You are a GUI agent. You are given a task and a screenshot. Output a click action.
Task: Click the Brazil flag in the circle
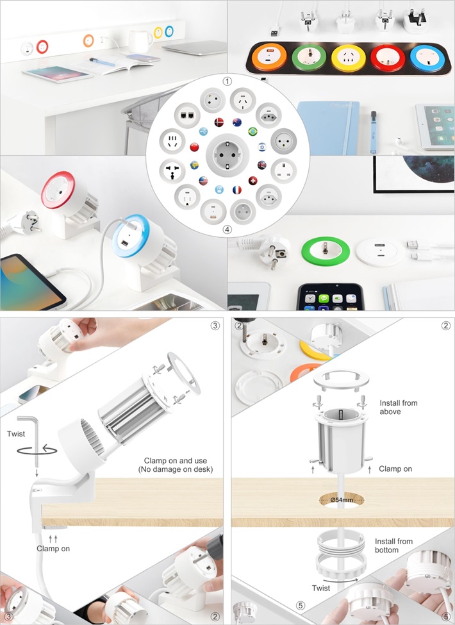click(252, 131)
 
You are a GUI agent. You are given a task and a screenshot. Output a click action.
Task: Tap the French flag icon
click(237, 190)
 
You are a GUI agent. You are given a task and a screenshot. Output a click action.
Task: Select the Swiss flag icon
click(252, 181)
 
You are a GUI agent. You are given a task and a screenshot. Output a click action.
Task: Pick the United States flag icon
click(203, 181)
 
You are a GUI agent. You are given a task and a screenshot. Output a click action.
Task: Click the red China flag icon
click(194, 147)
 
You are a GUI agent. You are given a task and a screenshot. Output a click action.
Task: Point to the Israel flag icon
click(261, 147)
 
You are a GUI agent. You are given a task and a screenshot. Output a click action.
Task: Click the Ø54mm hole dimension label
click(342, 499)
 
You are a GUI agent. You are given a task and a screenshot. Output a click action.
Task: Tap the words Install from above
click(399, 407)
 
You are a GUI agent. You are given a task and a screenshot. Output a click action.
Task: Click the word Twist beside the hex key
click(16, 434)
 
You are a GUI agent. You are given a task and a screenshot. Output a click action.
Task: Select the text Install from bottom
click(393, 546)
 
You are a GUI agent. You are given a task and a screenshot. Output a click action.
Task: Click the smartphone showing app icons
click(330, 297)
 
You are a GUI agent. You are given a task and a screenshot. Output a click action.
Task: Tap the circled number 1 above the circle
click(227, 81)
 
